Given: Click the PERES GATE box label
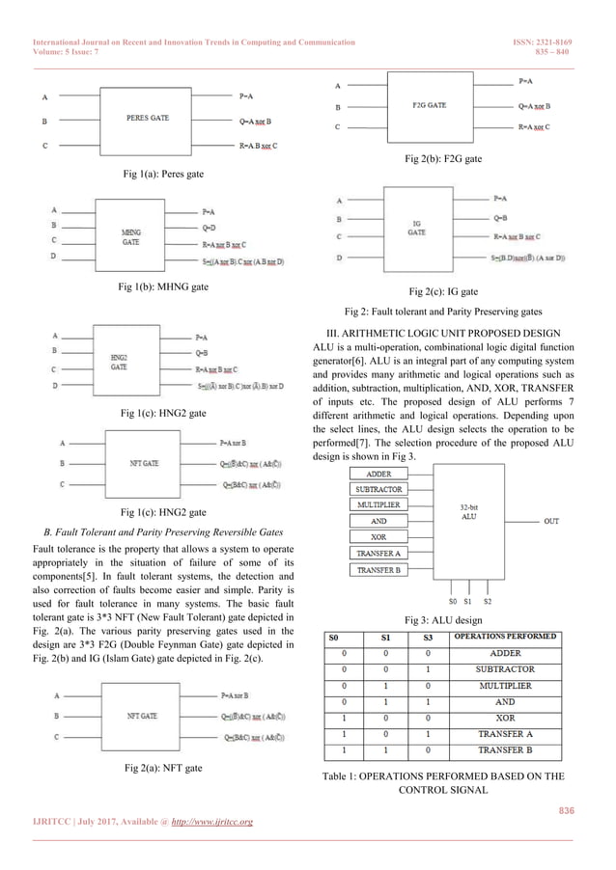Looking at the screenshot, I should [148, 118].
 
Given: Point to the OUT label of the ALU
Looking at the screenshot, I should [551, 521].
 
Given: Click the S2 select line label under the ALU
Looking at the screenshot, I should [488, 600].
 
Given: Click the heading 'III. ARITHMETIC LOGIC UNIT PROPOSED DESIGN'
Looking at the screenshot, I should [441, 333].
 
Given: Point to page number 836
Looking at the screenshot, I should [565, 810].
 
